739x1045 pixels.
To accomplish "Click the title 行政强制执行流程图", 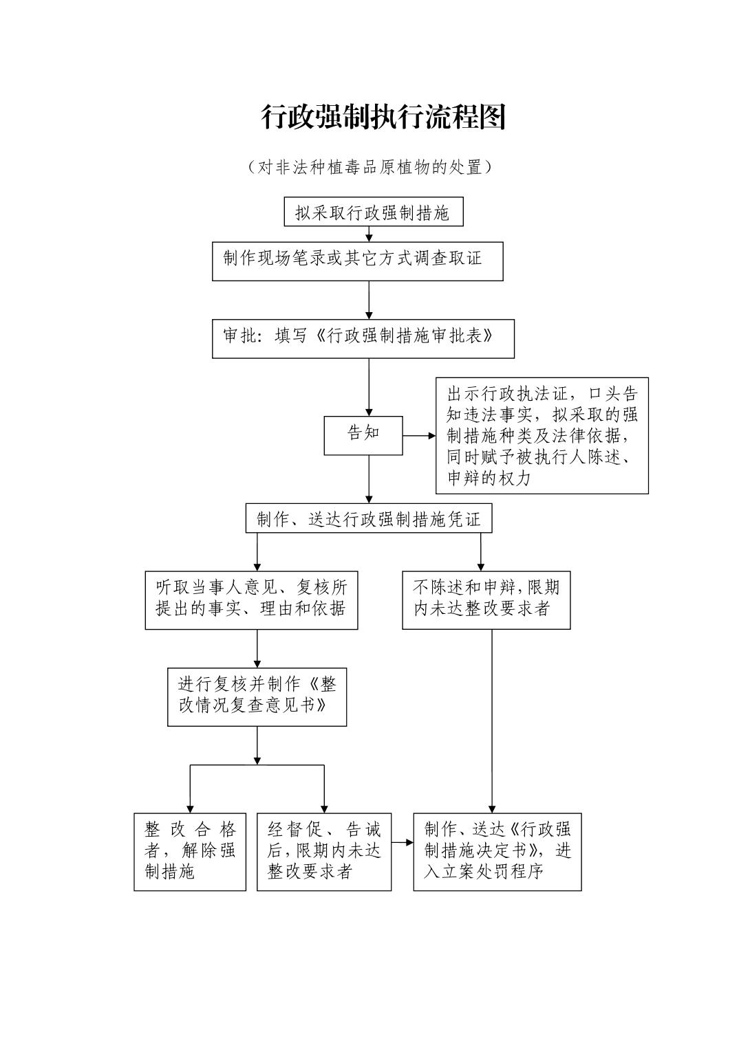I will click(383, 117).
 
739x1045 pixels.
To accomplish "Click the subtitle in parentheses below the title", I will click(369, 167).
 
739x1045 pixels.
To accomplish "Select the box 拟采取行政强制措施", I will click(373, 212).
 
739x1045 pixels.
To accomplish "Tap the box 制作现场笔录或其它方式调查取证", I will click(357, 261).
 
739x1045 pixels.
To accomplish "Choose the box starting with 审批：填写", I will click(363, 338).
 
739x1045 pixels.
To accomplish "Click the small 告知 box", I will click(363, 434).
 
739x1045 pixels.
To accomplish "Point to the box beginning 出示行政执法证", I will click(542, 435).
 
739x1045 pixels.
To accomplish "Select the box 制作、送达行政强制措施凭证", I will click(369, 519).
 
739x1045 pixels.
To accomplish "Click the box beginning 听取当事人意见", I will click(251, 599).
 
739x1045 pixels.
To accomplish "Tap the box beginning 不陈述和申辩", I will click(486, 599).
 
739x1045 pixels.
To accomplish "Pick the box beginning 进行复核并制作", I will click(257, 696).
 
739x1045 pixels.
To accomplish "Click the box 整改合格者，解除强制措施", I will click(190, 851).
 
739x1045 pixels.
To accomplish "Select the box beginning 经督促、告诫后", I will click(324, 851).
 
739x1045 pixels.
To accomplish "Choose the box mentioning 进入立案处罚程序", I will click(497, 851).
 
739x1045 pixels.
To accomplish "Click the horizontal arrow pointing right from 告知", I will click(419, 435).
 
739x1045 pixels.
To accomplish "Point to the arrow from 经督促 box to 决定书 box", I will click(403, 841).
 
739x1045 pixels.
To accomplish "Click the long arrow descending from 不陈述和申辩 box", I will click(491, 722).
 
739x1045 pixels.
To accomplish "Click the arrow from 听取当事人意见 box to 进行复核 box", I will click(257, 648).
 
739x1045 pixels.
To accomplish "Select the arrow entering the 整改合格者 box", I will click(190, 791).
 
